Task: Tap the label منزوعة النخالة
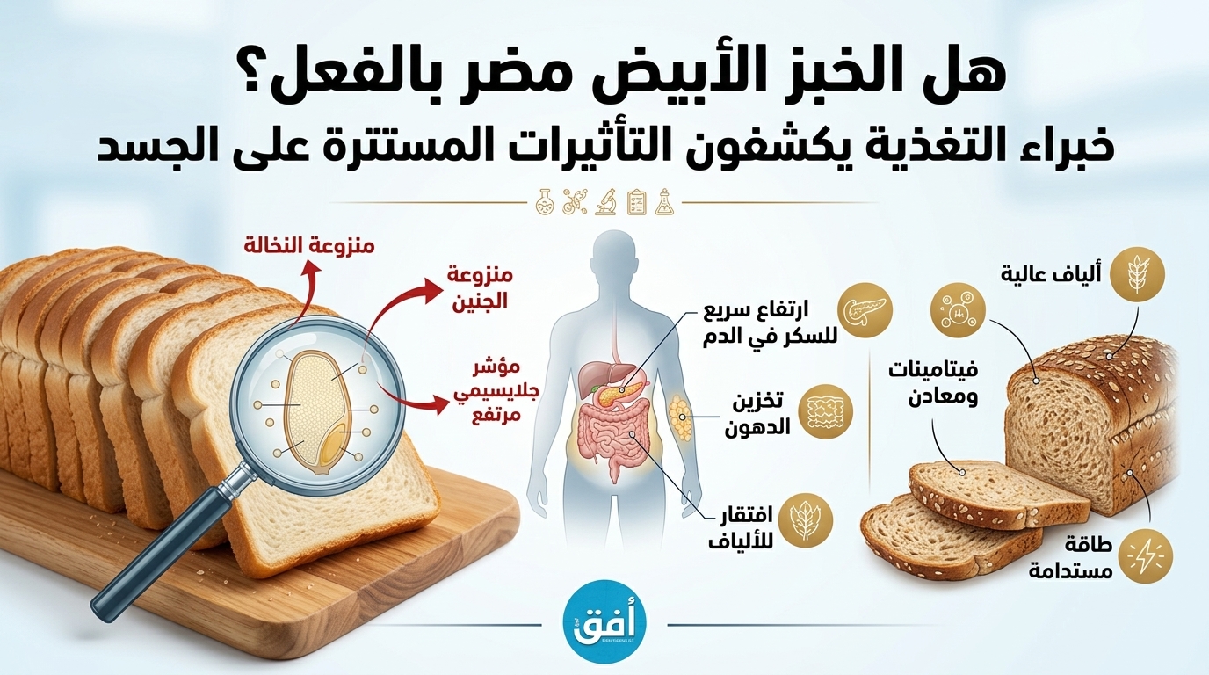[309, 246]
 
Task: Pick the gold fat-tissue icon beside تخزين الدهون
[825, 411]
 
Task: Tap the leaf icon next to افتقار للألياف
[806, 520]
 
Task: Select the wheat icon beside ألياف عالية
[1137, 274]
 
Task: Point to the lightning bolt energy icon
[1146, 558]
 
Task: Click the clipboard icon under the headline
[637, 202]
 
